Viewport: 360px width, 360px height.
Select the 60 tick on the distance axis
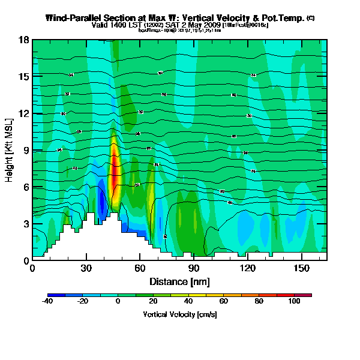pos(140,268)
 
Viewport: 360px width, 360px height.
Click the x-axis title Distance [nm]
pos(179,281)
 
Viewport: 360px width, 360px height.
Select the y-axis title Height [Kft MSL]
pos(10,150)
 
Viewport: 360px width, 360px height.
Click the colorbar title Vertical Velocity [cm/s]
pos(179,314)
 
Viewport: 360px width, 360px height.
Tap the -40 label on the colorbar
pos(48,302)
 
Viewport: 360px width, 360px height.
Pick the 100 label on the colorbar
pos(295,302)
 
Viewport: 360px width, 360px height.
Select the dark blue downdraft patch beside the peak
pos(103,204)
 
